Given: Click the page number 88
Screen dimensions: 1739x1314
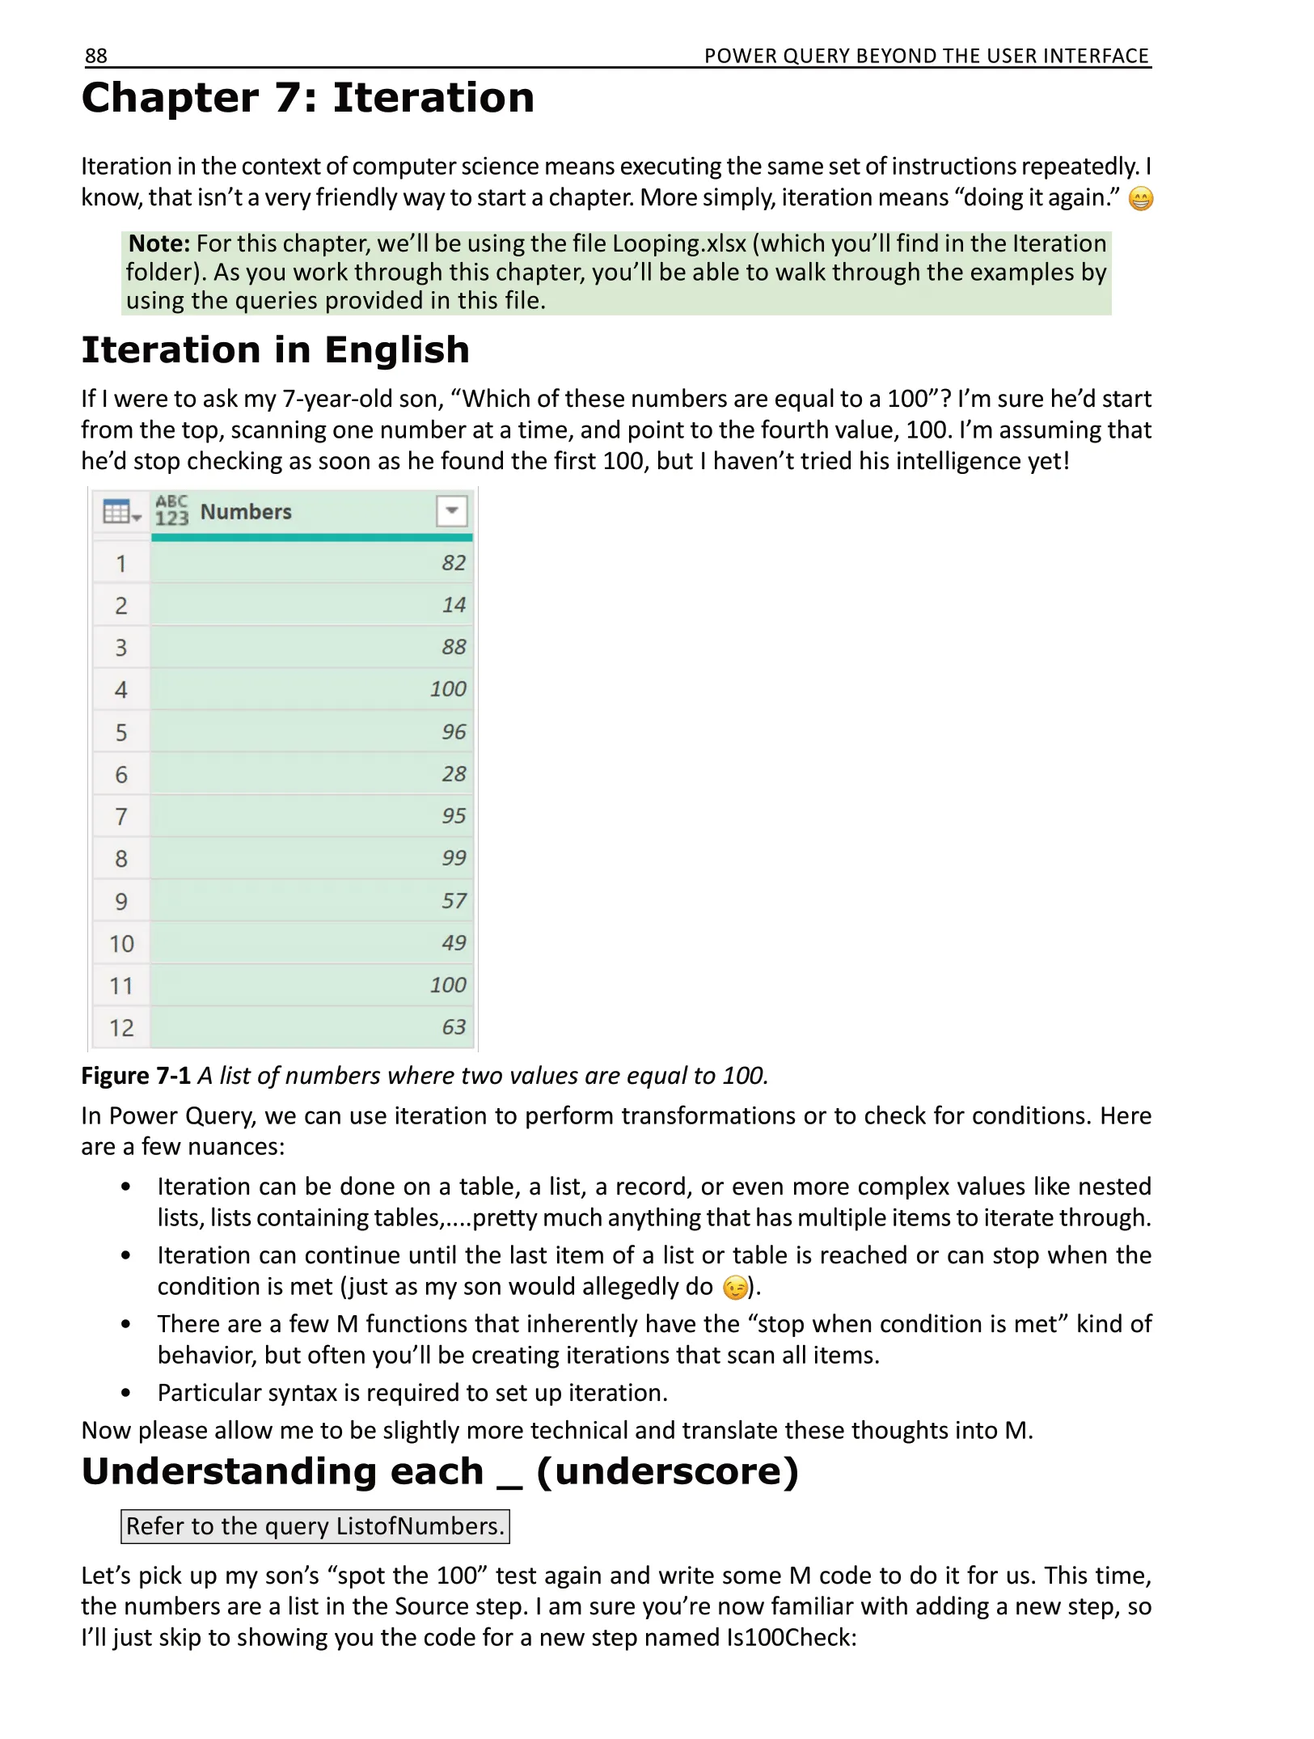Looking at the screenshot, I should [95, 56].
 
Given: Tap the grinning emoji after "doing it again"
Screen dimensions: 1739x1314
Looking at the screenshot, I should [1140, 199].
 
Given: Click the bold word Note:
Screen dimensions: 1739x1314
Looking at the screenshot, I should [159, 243].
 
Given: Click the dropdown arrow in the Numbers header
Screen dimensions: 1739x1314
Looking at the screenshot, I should [452, 511].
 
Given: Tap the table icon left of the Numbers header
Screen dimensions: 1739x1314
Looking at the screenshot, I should [120, 512].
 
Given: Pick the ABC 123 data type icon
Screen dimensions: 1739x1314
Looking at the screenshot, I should [171, 511].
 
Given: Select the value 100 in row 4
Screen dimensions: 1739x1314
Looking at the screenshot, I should [448, 689].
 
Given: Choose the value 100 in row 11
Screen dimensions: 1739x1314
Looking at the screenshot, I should [448, 985].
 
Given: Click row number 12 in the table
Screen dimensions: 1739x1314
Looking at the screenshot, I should [121, 1028].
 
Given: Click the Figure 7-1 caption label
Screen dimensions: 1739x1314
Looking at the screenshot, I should [136, 1076].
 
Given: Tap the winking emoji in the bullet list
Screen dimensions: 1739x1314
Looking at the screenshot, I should [735, 1288].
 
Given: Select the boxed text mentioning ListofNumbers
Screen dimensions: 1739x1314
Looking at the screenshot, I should [315, 1526].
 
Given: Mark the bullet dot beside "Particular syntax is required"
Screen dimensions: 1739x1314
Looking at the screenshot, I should [125, 1393].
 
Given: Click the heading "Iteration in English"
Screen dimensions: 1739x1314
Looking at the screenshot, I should [275, 350].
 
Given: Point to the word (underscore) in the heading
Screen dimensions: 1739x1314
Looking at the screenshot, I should [667, 1471].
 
